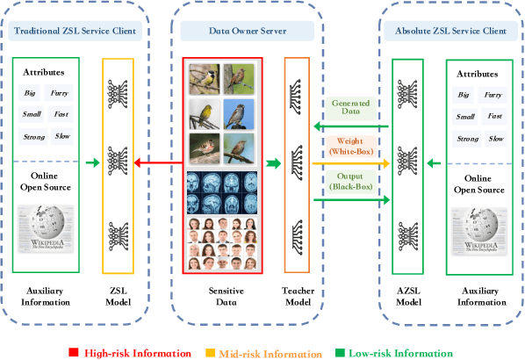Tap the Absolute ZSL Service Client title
(445, 32)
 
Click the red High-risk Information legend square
(74, 353)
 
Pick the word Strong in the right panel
(468, 139)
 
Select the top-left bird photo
(204, 78)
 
